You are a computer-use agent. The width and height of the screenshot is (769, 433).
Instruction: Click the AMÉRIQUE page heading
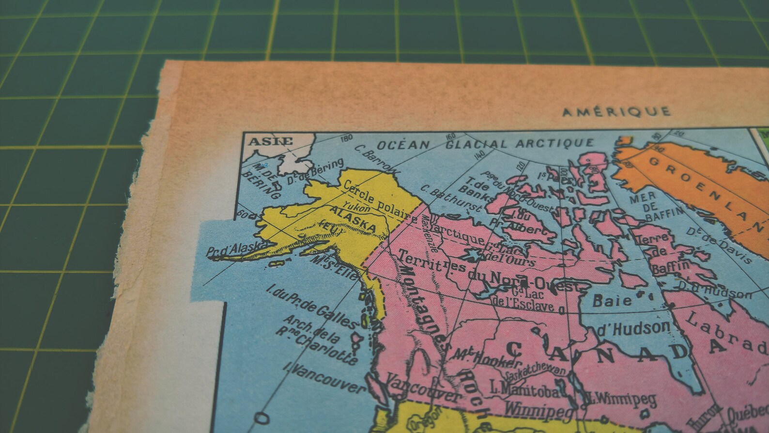tap(616, 112)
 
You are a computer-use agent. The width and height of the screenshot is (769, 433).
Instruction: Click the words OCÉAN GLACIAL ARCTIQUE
tap(485, 144)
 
